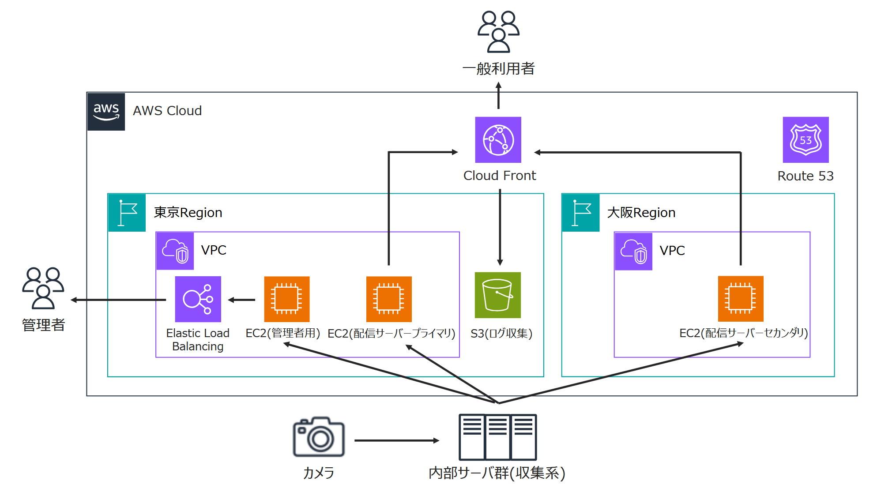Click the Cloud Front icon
tap(498, 140)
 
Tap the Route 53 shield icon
tap(805, 140)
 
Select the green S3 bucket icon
tap(497, 295)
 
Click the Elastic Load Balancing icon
tap(198, 299)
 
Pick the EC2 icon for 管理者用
tap(286, 299)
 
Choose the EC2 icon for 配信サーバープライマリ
tap(389, 299)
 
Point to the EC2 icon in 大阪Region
tap(740, 299)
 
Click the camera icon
tap(319, 437)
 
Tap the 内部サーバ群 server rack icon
tap(497, 437)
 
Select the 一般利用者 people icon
tap(498, 32)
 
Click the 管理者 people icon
tap(43, 288)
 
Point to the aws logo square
tap(106, 112)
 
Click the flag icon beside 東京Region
tap(127, 213)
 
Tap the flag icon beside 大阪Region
tap(580, 213)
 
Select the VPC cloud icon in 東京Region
tap(175, 251)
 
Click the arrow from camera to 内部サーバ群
tap(396, 440)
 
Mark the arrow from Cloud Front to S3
tap(500, 227)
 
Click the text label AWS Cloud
tap(167, 111)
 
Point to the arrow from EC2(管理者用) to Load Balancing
tap(242, 300)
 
